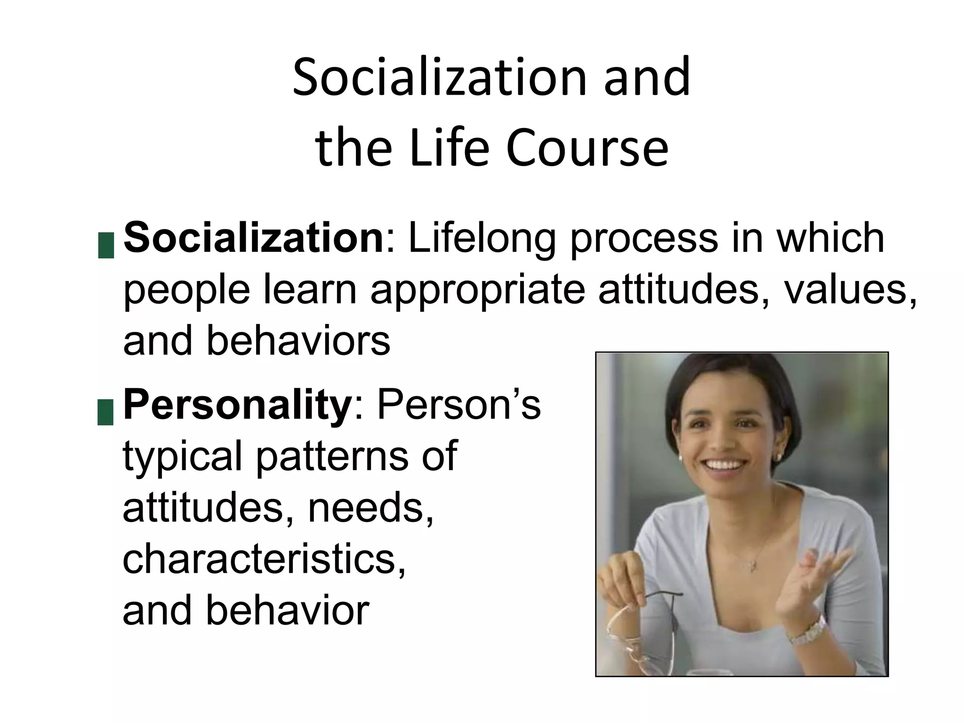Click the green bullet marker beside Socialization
click(106, 245)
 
